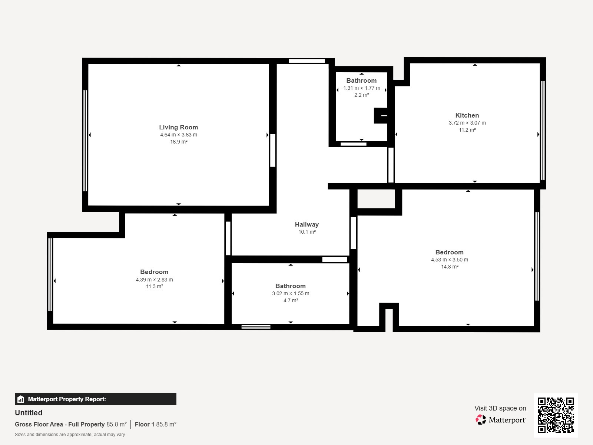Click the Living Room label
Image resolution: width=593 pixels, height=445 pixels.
(178, 127)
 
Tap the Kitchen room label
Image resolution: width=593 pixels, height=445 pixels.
(467, 115)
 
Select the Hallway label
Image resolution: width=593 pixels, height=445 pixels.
(307, 224)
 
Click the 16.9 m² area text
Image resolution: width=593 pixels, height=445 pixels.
(178, 142)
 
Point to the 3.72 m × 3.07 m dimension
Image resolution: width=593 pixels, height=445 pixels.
(467, 123)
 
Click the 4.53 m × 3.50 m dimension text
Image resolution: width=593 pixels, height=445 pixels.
(449, 260)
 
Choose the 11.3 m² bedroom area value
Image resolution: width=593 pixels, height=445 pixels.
(154, 286)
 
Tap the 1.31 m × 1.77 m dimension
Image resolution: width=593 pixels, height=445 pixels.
(361, 88)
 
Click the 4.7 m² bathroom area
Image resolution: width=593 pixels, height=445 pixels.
(291, 300)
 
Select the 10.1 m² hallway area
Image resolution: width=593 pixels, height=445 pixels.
(307, 232)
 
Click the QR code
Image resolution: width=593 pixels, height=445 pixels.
(556, 415)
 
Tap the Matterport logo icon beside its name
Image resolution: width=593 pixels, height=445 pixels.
(481, 420)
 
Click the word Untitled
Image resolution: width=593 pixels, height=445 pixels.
(29, 413)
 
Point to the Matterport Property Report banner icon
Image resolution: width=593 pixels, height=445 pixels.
(21, 399)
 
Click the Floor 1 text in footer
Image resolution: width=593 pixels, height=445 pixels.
(144, 424)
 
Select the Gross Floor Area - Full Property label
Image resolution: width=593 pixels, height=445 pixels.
(60, 424)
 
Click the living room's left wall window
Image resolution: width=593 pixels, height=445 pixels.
(85, 141)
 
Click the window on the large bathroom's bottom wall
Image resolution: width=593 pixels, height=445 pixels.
(256, 327)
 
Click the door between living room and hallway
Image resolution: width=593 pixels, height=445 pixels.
(273, 150)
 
